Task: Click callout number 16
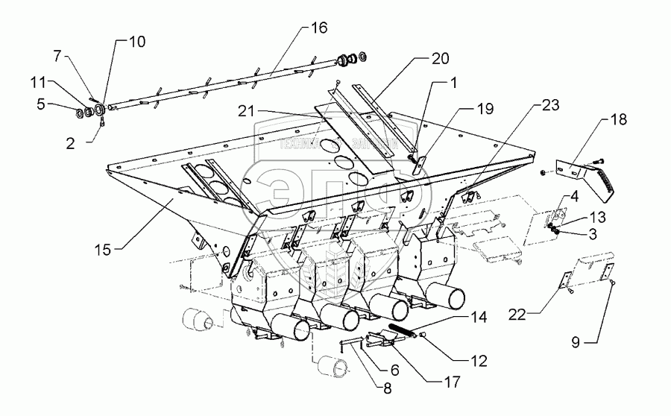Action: click(x=319, y=29)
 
